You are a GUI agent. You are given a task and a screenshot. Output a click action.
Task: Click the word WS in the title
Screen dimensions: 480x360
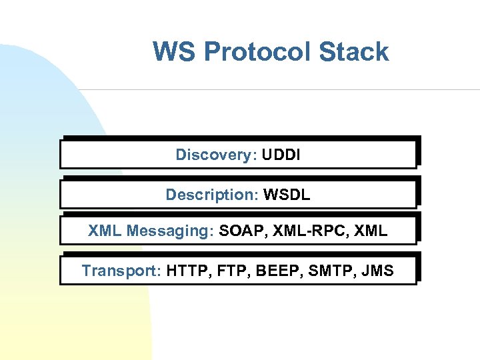tap(175, 52)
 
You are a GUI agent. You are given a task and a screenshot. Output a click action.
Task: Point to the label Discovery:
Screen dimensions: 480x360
tap(216, 155)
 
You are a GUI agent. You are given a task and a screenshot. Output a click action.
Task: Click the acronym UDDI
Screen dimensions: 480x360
tap(281, 155)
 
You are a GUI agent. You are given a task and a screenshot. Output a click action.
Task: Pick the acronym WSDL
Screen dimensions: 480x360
tap(287, 195)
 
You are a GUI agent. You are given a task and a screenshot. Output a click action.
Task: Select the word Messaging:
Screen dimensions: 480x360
tap(170, 232)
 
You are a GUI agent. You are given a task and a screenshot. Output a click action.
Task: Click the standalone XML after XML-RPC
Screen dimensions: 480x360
tap(371, 231)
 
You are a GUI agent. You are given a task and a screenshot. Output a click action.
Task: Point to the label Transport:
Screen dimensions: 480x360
tap(121, 271)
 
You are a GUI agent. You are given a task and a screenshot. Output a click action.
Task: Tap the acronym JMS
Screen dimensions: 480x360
tap(378, 271)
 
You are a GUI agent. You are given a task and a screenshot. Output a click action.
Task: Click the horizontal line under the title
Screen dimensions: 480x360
tap(280, 89)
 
